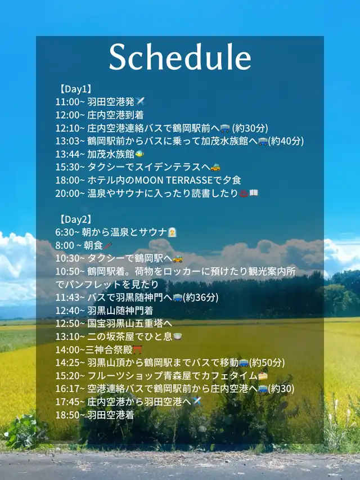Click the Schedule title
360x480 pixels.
click(180, 57)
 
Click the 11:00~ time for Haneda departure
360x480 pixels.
click(70, 102)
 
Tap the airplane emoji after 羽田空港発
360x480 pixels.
click(140, 101)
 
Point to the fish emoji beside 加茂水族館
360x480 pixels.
click(139, 154)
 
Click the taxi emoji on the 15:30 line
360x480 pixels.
click(215, 167)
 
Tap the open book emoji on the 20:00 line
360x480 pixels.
click(254, 193)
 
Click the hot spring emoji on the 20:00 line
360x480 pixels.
click(244, 193)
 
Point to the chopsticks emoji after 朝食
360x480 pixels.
click(108, 245)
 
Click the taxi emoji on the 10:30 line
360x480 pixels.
click(178, 259)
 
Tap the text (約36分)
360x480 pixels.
click(200, 297)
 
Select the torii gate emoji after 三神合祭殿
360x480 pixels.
click(137, 349)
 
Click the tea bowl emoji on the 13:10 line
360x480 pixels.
click(178, 337)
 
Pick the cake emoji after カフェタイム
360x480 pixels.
click(263, 375)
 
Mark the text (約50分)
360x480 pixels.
click(267, 362)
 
